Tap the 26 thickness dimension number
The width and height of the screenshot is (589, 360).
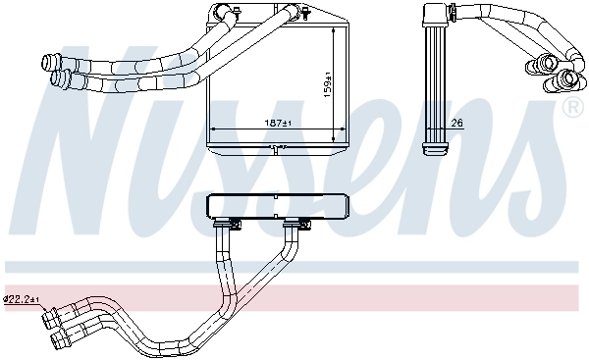click(x=456, y=124)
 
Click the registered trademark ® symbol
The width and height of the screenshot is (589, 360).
click(x=570, y=106)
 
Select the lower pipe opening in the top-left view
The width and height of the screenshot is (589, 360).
click(x=63, y=78)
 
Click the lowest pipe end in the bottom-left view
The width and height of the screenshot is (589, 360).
click(x=62, y=341)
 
